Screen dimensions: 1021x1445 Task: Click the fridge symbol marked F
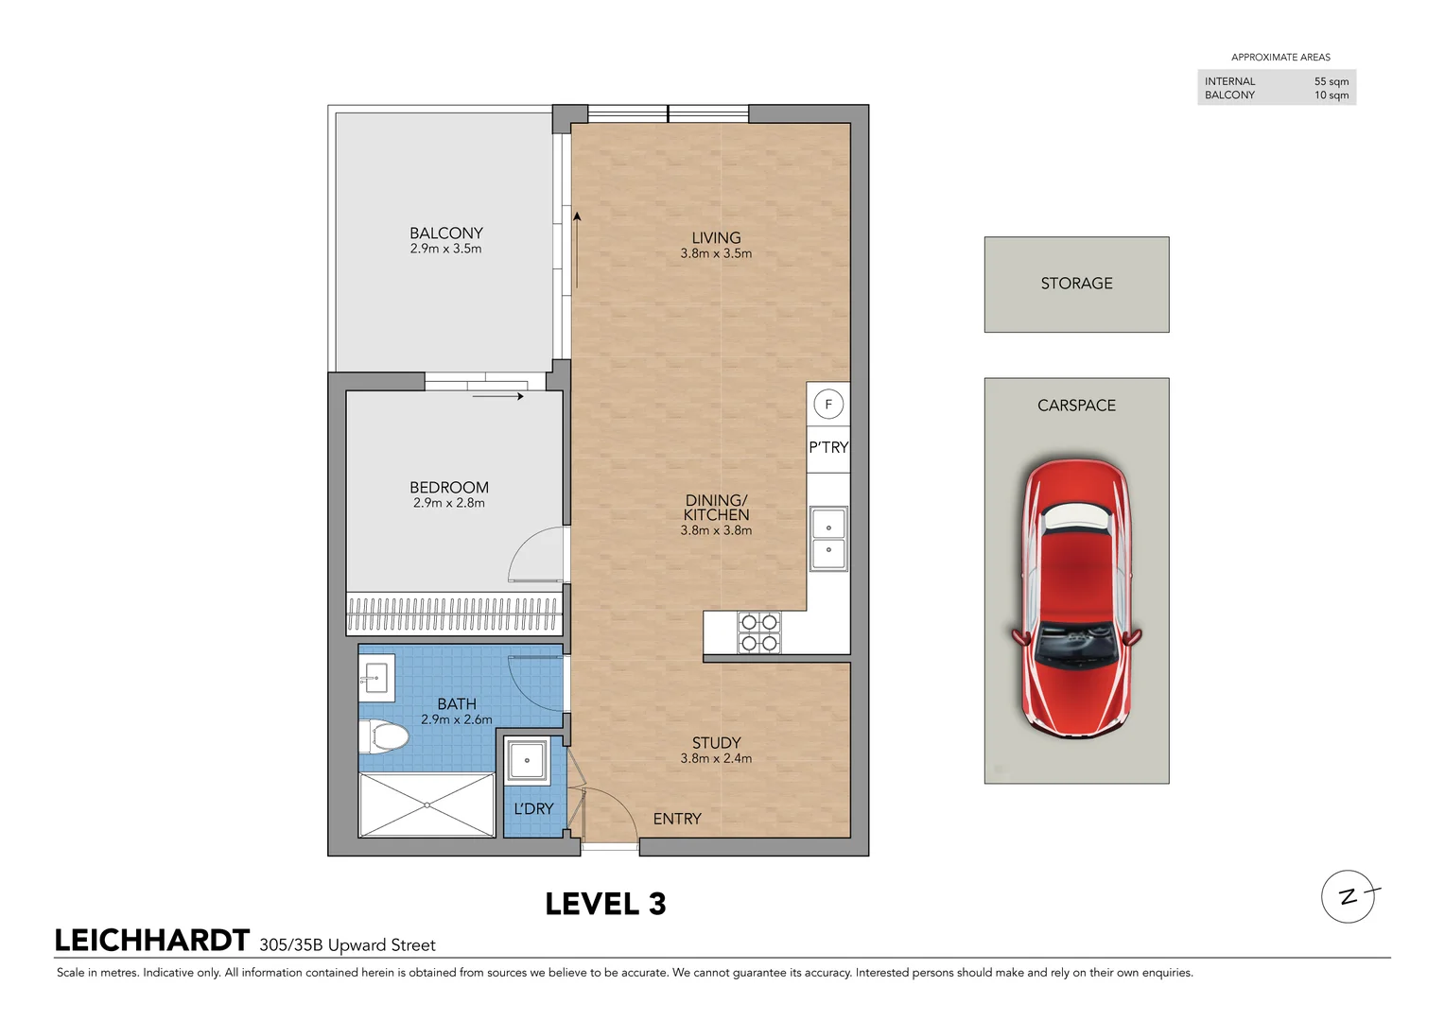click(828, 405)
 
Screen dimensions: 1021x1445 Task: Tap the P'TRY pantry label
click(828, 447)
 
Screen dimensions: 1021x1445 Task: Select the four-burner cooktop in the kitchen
click(758, 632)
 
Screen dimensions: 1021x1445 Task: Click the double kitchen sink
click(828, 539)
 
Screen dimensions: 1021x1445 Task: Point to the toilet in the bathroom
click(383, 735)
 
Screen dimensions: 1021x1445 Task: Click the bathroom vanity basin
click(376, 677)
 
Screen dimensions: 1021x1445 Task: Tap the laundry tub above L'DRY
click(527, 760)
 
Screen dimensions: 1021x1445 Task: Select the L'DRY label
click(533, 809)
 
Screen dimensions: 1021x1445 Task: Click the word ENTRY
click(677, 819)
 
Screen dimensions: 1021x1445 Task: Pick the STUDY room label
click(716, 743)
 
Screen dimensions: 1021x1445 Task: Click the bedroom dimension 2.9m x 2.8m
click(449, 503)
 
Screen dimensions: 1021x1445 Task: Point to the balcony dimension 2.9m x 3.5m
click(446, 249)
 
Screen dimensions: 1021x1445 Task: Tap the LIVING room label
click(716, 238)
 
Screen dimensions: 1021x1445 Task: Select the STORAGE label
click(1076, 284)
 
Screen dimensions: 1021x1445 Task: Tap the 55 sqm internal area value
click(1331, 81)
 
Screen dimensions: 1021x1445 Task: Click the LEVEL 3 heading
click(605, 905)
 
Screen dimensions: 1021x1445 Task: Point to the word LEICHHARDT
click(152, 941)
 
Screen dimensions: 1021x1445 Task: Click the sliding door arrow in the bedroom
click(497, 396)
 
